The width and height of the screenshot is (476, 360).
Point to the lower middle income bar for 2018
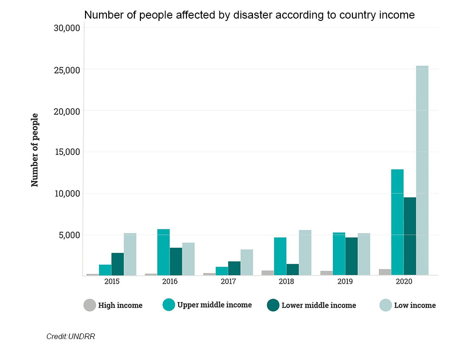coord(292,270)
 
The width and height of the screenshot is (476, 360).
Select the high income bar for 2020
coord(385,272)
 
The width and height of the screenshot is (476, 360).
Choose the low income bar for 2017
coord(247,262)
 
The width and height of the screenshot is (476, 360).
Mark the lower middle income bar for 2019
coord(351,256)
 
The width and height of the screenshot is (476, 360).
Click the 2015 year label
coord(112,282)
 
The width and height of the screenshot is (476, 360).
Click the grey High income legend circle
coord(90,305)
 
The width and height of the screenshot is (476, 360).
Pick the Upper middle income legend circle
coord(169,305)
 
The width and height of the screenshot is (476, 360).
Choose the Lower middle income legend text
coord(319,306)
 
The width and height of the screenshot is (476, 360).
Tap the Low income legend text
coord(415,306)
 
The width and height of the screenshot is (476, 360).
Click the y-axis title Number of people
coord(35,150)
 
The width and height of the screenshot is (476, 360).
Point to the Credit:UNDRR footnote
coord(71,336)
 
